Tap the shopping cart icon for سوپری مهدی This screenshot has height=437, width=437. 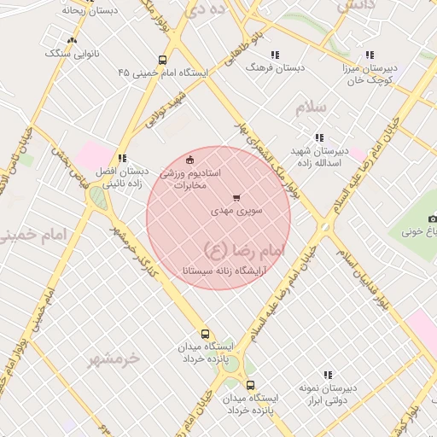tap(236, 197)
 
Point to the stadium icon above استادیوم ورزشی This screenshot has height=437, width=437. tap(189, 158)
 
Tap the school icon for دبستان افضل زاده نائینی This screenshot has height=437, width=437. tap(123, 158)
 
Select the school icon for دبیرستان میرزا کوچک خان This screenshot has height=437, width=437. tap(369, 55)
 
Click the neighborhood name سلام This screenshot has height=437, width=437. tap(312, 109)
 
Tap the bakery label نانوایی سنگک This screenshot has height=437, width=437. tap(72, 53)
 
